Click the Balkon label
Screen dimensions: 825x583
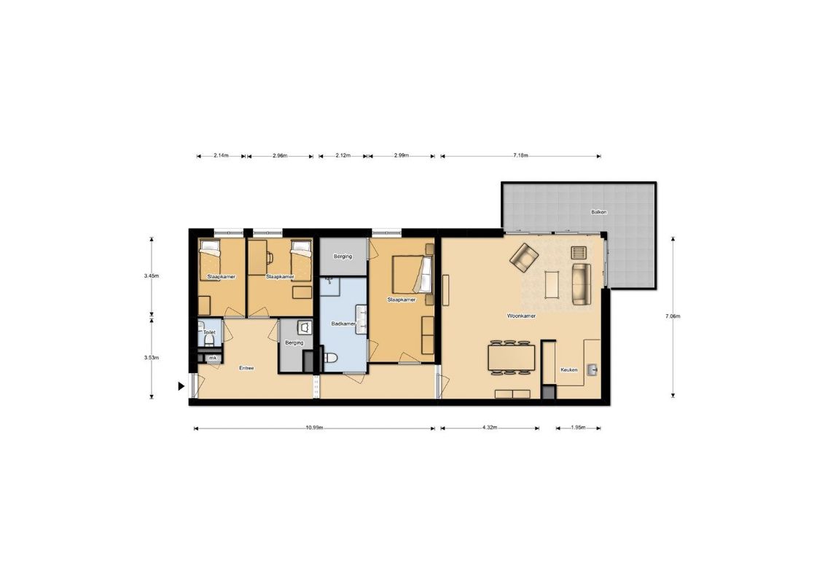599,212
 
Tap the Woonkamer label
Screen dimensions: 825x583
521,316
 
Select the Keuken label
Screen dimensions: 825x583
568,370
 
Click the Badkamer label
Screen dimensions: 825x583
343,324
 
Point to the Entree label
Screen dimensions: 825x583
246,368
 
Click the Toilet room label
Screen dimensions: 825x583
209,332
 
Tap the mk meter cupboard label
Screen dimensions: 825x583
213,359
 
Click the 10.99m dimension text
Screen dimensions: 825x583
314,428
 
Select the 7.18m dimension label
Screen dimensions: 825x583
520,156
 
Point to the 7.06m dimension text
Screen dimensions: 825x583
673,316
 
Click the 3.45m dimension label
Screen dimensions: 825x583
152,275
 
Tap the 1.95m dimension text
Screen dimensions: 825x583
578,428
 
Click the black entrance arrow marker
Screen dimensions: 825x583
181,386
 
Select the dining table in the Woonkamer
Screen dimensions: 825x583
511,358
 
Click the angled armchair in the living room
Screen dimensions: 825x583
523,257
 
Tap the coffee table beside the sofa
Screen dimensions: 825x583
552,284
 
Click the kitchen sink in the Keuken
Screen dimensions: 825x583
593,369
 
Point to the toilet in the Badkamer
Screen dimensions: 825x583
329,358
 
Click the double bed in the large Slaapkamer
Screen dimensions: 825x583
412,274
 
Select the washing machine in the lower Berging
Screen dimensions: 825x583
305,328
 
